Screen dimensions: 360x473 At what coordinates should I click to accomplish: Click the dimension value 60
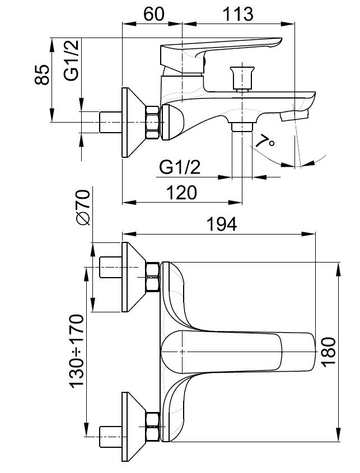pos(154,13)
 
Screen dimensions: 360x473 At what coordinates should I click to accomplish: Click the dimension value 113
pos(238,13)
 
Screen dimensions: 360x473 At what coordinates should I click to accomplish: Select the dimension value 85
pos(41,74)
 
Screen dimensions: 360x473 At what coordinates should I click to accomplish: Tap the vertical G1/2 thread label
pos(71,60)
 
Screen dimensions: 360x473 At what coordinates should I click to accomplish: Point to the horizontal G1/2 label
pos(180,167)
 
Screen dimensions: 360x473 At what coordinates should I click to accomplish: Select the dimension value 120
pos(181,193)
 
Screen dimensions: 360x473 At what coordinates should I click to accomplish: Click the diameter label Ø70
pos(83,207)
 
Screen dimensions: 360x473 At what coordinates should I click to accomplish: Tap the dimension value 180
pos(328,352)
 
